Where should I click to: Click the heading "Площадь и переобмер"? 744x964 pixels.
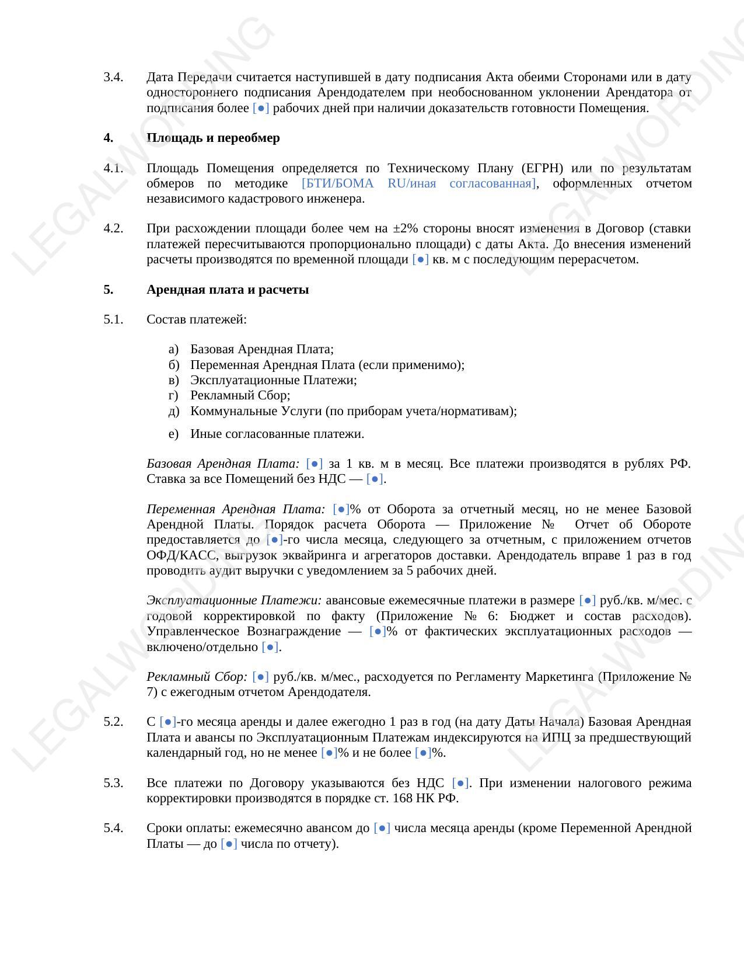(x=213, y=138)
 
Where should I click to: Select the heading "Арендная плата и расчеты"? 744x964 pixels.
(x=228, y=290)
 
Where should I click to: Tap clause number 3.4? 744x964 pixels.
(x=113, y=77)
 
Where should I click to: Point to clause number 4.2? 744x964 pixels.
(x=113, y=228)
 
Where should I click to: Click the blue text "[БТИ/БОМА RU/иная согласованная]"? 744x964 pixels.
(x=419, y=183)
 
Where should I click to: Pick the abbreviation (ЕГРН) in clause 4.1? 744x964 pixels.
(x=543, y=168)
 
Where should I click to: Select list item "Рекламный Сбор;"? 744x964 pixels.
(x=240, y=395)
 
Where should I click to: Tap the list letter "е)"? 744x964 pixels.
(x=173, y=434)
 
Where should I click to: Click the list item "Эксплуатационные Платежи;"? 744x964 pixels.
(x=273, y=380)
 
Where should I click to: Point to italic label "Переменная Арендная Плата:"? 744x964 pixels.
(x=236, y=509)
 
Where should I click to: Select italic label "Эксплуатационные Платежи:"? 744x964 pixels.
(x=234, y=600)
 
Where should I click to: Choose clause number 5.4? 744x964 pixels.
(x=113, y=828)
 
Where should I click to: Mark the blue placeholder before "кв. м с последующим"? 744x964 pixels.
(x=420, y=259)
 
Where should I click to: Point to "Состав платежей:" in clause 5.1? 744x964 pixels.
(x=197, y=319)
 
